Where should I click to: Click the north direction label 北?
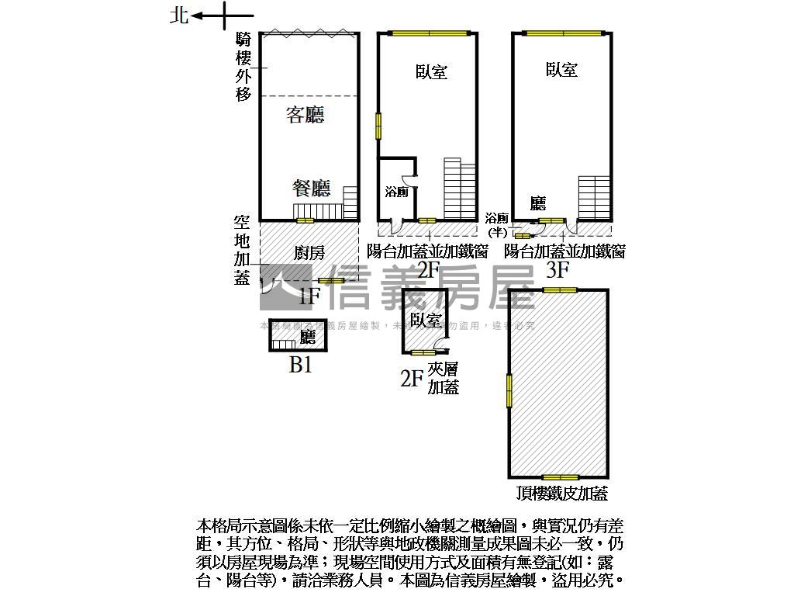point(179,16)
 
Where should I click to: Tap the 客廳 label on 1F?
point(306,116)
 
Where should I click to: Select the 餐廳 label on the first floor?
point(312,188)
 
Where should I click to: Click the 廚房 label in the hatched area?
point(309,252)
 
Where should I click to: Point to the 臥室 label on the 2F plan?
point(431,72)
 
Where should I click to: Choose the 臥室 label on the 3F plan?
point(561,70)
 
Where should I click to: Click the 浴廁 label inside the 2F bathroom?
point(396,192)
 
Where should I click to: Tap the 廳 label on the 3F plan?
point(538,203)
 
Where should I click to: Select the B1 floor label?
point(300,365)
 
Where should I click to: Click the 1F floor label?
point(309,295)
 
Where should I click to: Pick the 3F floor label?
point(558,270)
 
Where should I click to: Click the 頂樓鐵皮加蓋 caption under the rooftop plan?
point(562,494)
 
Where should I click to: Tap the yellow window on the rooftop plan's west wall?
point(509,390)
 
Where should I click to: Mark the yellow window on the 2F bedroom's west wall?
point(379,126)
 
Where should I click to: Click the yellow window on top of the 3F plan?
point(563,33)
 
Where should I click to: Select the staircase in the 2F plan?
point(460,190)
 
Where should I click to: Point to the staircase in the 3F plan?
point(595,198)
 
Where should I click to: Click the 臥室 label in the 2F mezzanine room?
point(426,320)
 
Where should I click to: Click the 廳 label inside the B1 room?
point(307,337)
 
